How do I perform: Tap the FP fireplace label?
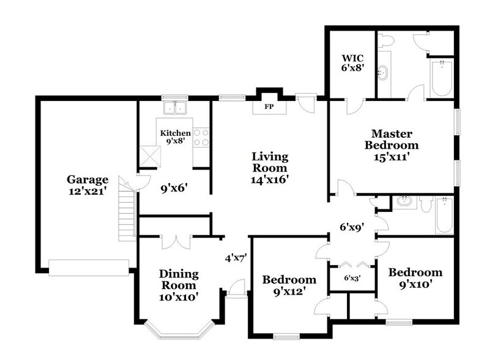click(x=268, y=107)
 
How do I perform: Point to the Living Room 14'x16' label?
click(x=269, y=167)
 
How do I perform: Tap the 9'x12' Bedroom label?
click(x=289, y=285)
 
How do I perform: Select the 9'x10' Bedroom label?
click(x=415, y=278)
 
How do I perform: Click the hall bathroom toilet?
click(x=426, y=203)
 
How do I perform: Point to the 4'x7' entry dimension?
click(x=234, y=258)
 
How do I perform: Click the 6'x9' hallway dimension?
click(x=352, y=227)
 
